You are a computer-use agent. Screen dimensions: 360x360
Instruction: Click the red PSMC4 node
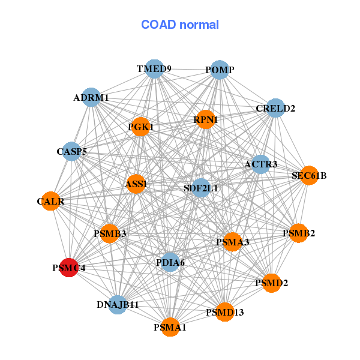click(x=69, y=268)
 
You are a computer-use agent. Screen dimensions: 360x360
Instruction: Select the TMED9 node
click(x=154, y=69)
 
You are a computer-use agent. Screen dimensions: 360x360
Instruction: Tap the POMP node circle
click(x=220, y=70)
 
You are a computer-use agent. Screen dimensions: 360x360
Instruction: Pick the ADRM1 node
click(x=91, y=97)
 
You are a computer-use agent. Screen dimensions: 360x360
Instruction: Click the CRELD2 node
click(x=275, y=108)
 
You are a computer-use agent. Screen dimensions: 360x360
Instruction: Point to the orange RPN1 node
click(x=205, y=119)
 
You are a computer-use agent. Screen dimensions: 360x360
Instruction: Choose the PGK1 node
click(x=140, y=127)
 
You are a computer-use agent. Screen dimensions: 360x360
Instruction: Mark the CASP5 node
click(x=71, y=151)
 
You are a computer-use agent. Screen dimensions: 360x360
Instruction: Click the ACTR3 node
click(x=260, y=164)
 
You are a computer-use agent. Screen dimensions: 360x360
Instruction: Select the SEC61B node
click(x=309, y=175)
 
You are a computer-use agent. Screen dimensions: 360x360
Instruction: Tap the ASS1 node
click(x=136, y=184)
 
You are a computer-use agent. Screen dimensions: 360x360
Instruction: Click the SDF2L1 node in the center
click(x=201, y=188)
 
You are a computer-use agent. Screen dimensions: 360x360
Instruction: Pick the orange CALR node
click(x=51, y=201)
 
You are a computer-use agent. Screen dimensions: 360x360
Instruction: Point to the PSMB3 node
click(x=110, y=233)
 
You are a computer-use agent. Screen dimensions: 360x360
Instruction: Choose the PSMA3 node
click(x=233, y=242)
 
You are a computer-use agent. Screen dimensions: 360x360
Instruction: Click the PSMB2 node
click(x=298, y=233)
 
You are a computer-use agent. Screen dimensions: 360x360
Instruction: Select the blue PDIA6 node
click(x=170, y=262)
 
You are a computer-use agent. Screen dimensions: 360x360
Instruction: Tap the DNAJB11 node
click(x=118, y=304)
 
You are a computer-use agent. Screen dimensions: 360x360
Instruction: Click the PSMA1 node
click(x=170, y=327)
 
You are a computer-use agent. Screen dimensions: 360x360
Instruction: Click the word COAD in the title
click(x=158, y=25)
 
